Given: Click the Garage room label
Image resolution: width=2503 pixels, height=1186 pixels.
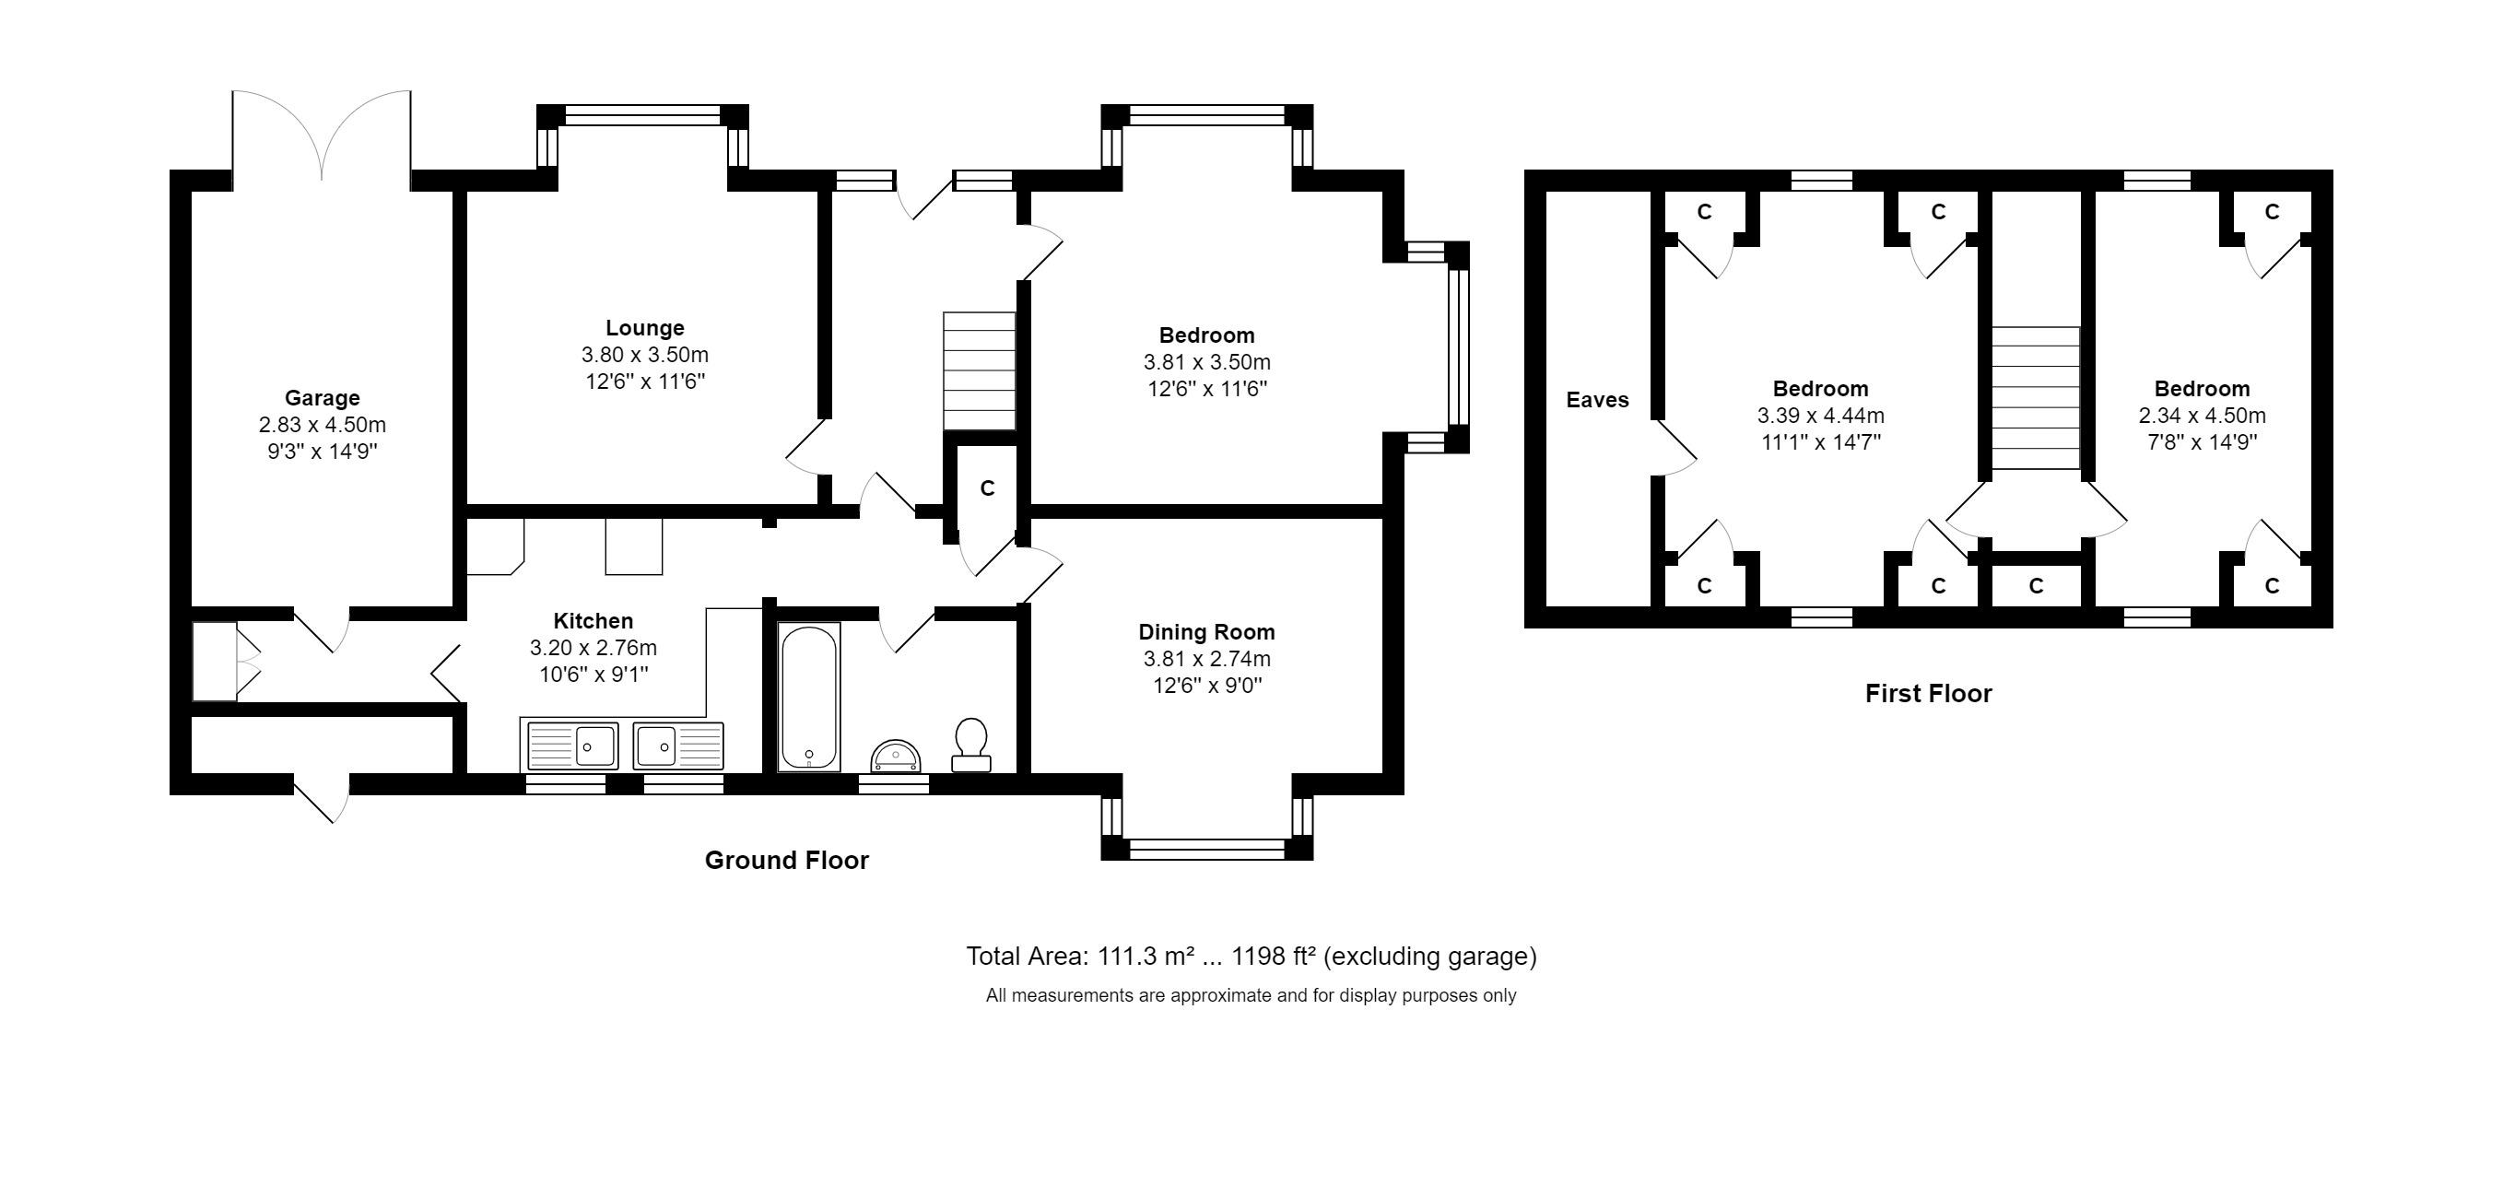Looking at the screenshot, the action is [322, 397].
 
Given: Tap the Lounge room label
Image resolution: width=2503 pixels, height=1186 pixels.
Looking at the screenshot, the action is [644, 327].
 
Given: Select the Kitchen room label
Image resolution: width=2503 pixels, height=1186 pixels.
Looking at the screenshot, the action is [593, 621].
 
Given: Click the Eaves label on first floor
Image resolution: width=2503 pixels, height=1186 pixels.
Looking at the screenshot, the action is [1597, 399].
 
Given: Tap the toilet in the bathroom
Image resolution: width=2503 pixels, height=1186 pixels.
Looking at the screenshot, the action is [970, 745].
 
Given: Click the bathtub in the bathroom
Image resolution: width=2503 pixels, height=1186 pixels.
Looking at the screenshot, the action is [809, 697].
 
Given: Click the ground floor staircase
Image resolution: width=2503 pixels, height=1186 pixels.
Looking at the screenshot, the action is [980, 370].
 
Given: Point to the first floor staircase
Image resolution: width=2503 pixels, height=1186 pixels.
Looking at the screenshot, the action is [2036, 398].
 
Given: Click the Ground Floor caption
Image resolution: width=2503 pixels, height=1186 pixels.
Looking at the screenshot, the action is [786, 860].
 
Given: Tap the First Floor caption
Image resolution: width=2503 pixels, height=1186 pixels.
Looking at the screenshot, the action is [1928, 694].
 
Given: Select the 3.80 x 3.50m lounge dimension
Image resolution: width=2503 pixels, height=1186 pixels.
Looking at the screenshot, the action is [644, 355].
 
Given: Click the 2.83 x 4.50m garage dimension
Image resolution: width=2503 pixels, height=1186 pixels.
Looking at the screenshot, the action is [322, 425].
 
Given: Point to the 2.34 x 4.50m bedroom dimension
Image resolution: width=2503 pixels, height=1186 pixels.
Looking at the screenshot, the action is [2202, 416].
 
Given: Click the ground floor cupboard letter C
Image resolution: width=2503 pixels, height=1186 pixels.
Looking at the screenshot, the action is [987, 487].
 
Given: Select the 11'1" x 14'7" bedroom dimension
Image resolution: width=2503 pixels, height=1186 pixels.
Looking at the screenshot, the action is [1820, 442].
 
